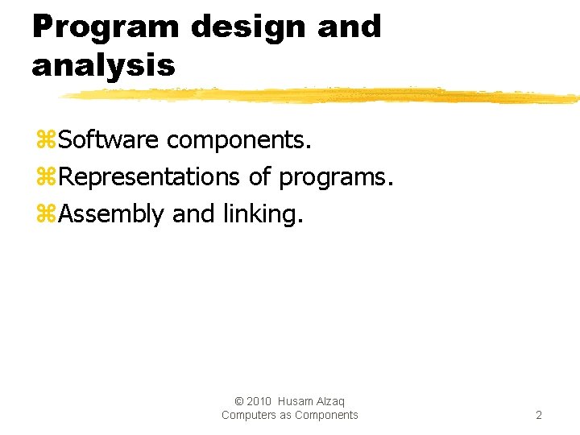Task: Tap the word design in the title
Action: click(249, 27)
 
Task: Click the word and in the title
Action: click(349, 27)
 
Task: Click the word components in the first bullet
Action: click(238, 140)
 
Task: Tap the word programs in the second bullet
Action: click(336, 177)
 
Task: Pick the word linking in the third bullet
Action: click(264, 214)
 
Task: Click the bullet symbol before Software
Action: click(46, 141)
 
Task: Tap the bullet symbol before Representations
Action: click(46, 177)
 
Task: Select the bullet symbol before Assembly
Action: click(46, 214)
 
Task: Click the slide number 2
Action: click(539, 416)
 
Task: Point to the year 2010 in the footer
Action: click(259, 401)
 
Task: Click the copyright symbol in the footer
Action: click(238, 401)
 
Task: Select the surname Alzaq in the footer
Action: click(332, 401)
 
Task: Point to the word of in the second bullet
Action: click(259, 176)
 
